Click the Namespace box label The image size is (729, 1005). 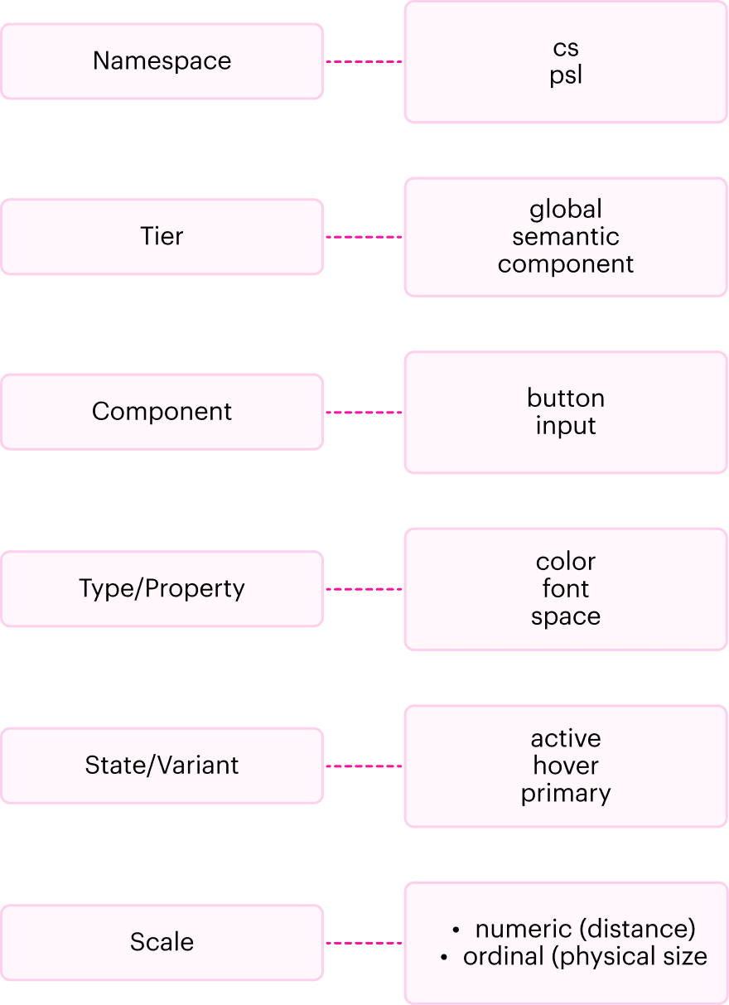click(x=162, y=61)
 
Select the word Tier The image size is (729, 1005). click(x=162, y=236)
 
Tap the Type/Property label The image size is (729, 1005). click(x=162, y=588)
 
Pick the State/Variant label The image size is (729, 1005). click(x=162, y=765)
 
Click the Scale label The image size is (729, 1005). click(x=162, y=941)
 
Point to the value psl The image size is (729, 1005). click(x=566, y=75)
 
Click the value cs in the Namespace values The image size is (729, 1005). click(x=566, y=48)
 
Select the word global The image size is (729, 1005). click(x=566, y=210)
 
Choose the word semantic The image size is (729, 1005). click(x=566, y=237)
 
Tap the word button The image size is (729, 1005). click(x=566, y=398)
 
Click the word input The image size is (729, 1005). click(x=566, y=426)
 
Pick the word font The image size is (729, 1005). click(x=566, y=588)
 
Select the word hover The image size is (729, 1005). click(x=566, y=766)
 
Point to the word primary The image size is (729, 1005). click(x=566, y=794)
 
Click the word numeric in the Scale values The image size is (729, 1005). click(x=524, y=929)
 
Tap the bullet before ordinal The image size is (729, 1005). click(x=444, y=958)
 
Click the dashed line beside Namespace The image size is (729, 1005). click(x=364, y=61)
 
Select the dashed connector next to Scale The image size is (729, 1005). click(x=364, y=943)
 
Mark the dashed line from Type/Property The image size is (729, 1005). click(x=364, y=589)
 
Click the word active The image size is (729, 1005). click(x=566, y=738)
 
